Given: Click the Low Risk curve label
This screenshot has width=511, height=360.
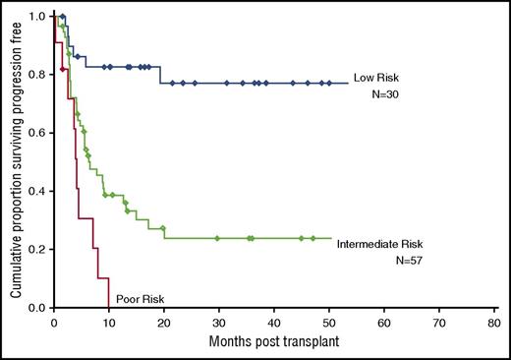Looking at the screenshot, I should point(378,78).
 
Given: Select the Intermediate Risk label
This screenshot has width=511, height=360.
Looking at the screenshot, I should point(378,244).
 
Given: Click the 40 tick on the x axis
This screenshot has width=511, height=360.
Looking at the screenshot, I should point(274,322).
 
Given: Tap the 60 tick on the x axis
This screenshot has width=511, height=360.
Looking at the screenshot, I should point(385,322).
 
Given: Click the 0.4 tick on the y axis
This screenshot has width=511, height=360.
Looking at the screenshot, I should point(36,191).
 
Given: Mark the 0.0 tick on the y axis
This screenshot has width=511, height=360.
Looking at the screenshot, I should point(36,308).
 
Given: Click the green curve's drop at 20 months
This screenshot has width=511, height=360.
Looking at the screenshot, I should point(163,233).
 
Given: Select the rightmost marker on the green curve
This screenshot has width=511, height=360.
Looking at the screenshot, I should point(313,238).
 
